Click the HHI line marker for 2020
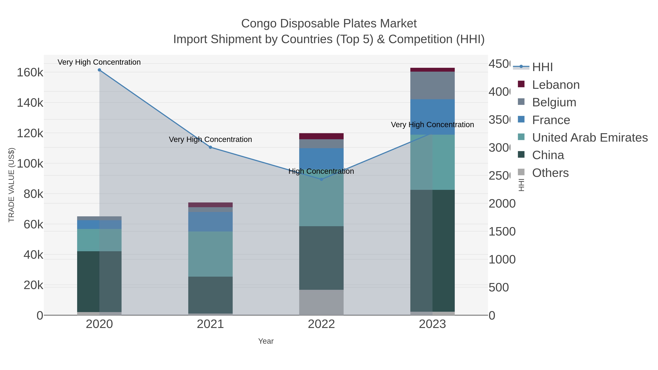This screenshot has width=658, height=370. [x=99, y=70]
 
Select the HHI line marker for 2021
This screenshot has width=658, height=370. [x=210, y=147]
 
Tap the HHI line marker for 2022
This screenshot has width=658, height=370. [x=321, y=179]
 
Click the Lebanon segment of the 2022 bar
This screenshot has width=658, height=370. [x=321, y=136]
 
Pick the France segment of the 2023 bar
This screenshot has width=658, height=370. [x=432, y=117]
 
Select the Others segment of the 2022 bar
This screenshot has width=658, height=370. [x=321, y=302]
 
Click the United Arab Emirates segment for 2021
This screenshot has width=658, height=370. [x=210, y=254]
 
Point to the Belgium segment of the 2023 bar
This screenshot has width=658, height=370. [x=432, y=86]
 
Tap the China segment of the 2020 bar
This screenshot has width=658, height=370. [x=99, y=282]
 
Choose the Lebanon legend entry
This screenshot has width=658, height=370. [x=556, y=85]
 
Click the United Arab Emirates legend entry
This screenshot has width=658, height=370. [x=589, y=138]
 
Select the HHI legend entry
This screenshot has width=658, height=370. [x=542, y=67]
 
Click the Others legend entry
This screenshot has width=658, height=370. [x=550, y=173]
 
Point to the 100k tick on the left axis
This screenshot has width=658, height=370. [x=30, y=164]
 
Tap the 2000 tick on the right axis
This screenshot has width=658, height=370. [x=502, y=204]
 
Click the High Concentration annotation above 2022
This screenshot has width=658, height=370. [x=321, y=171]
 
